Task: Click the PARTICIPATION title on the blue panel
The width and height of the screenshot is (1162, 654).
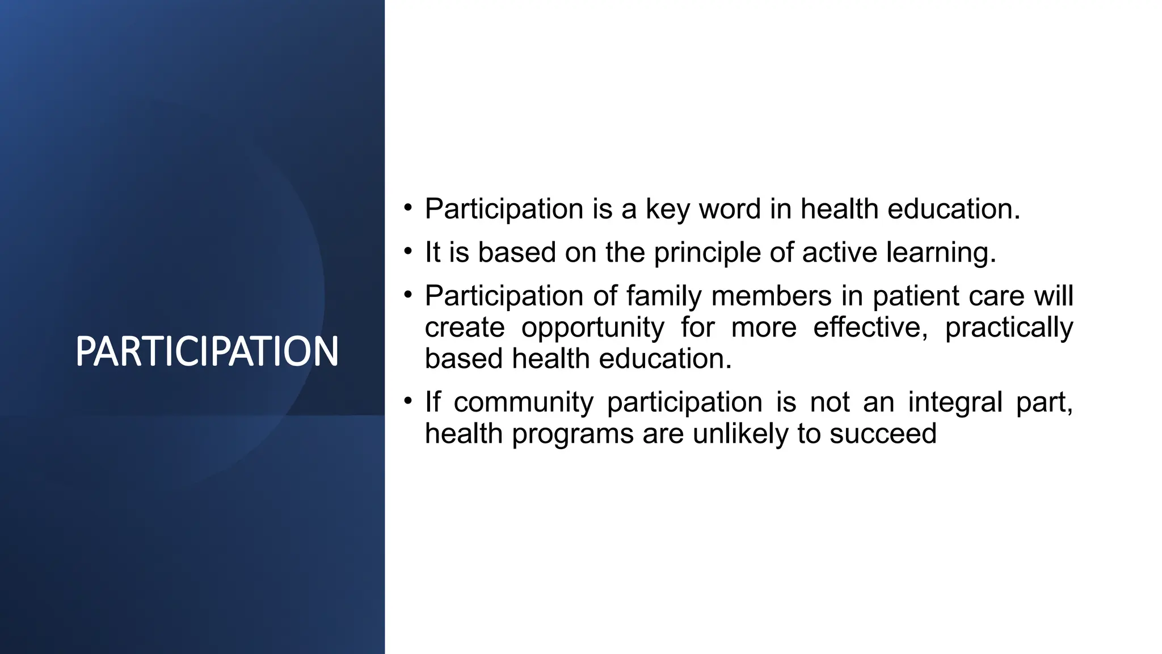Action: coord(207,351)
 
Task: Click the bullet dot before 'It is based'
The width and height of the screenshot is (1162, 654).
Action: coord(407,251)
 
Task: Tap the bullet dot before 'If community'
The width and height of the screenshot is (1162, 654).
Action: coord(407,401)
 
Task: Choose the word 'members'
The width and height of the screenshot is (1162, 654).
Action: coord(771,296)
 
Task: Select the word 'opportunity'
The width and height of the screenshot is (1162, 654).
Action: coord(592,328)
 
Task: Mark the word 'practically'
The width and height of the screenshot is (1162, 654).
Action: coord(1009,328)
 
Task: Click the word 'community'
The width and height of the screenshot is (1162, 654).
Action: coord(523,403)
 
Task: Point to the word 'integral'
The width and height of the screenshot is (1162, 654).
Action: coord(955,403)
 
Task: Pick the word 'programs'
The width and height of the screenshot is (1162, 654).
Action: coord(572,435)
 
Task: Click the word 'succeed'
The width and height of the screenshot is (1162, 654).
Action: coord(883,434)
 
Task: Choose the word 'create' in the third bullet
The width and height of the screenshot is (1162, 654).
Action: coord(465,328)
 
